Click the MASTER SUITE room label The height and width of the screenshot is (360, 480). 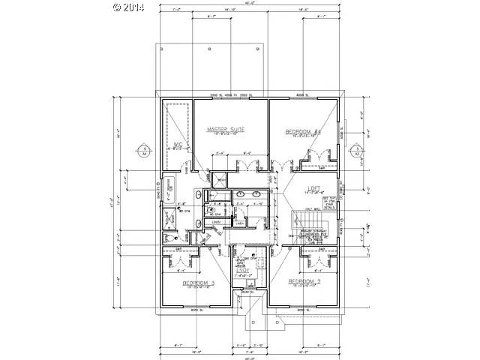coord(226,130)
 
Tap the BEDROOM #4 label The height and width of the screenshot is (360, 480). coord(303,132)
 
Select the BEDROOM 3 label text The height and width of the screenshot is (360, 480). coord(199,283)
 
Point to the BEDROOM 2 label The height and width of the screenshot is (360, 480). coord(305,282)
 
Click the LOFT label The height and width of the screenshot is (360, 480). coord(313,188)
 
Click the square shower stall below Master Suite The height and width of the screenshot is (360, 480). coord(219,181)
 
